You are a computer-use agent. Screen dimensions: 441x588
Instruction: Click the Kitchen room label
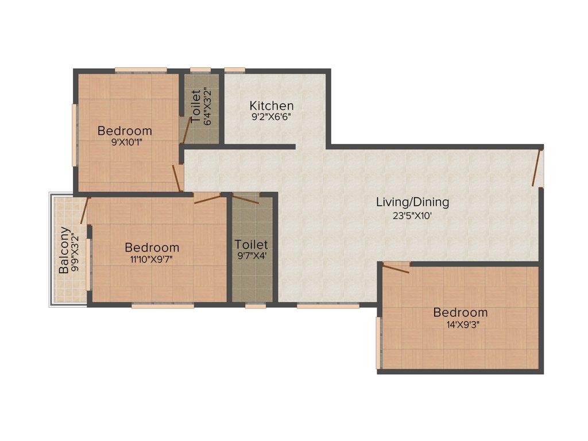click(x=272, y=106)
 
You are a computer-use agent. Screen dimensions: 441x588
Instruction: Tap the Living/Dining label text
click(x=412, y=202)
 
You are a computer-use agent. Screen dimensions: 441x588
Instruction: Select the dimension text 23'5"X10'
click(x=411, y=216)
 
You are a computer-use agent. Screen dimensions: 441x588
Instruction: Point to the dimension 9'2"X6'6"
click(x=272, y=117)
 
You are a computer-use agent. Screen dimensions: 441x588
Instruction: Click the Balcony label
click(x=64, y=250)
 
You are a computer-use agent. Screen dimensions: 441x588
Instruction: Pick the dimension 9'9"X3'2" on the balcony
click(x=75, y=250)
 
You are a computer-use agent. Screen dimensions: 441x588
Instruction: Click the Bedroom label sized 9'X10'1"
click(x=125, y=130)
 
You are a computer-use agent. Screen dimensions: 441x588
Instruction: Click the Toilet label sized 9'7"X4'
click(x=252, y=245)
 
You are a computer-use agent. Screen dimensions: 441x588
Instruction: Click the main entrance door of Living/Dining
click(x=537, y=167)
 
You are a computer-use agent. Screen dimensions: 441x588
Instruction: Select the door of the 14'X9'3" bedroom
click(x=396, y=267)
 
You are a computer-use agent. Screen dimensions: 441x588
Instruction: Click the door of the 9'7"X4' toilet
click(x=246, y=199)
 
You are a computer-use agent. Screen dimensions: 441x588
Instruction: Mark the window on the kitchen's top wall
click(x=234, y=71)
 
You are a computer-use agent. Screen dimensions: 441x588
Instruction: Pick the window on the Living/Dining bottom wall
click(x=328, y=306)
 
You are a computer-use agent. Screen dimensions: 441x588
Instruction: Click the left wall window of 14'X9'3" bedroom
click(x=378, y=343)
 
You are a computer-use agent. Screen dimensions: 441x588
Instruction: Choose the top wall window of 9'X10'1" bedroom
click(x=141, y=71)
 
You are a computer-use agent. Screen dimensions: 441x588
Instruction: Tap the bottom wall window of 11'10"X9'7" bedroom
click(x=163, y=306)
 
